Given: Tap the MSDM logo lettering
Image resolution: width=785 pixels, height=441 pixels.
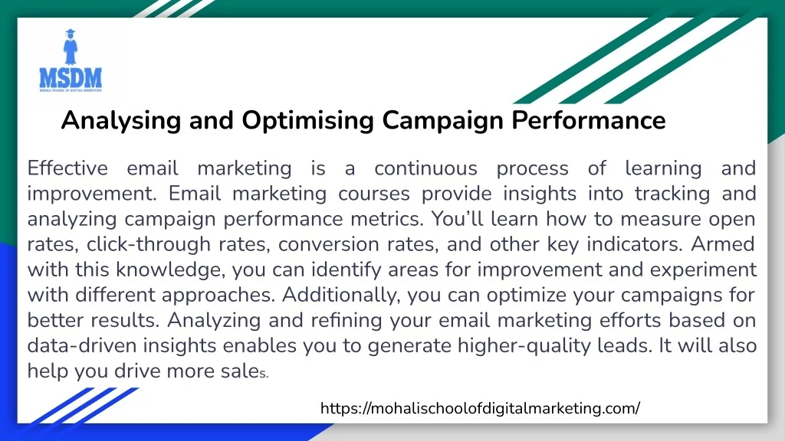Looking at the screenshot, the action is [x=71, y=78].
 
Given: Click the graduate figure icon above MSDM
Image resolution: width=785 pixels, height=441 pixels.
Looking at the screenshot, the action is [x=71, y=47].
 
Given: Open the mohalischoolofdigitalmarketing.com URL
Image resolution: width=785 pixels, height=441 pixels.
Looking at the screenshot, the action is [x=480, y=409].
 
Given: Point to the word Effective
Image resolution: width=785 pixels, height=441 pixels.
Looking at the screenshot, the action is [x=67, y=168].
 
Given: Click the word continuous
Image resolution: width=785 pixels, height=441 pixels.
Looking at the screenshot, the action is [x=425, y=168].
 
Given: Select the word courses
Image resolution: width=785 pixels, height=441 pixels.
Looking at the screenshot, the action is [x=374, y=194].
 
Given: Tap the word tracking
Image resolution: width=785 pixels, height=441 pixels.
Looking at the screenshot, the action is [x=672, y=194].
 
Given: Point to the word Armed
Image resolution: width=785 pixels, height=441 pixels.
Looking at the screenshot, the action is [x=723, y=244].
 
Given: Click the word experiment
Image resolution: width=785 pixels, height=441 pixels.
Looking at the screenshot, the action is [x=703, y=270].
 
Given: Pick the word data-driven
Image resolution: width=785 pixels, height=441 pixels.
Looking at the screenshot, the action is [x=81, y=345].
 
